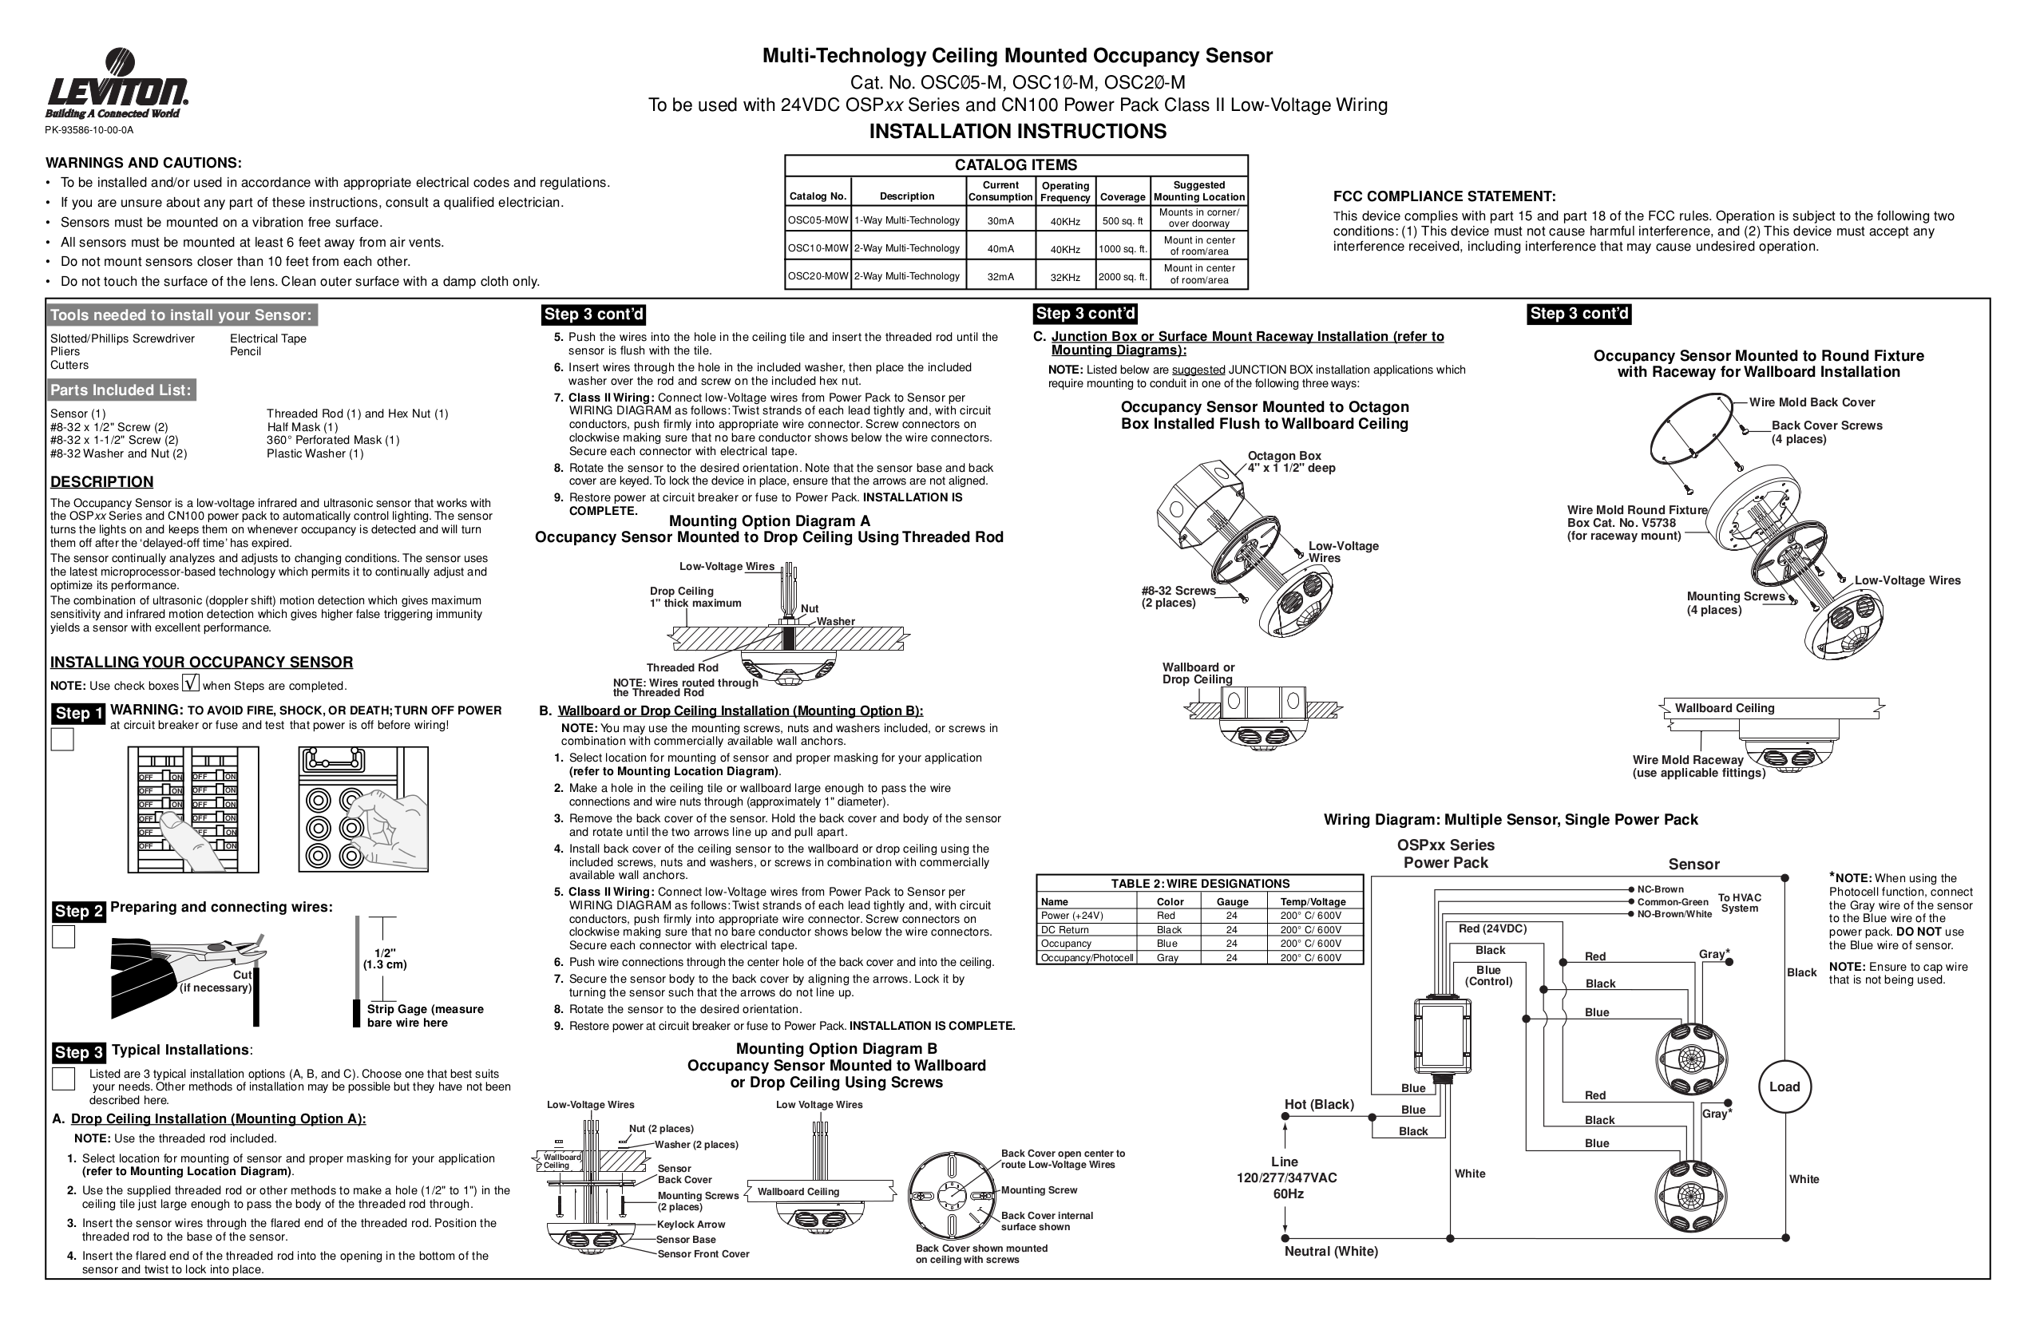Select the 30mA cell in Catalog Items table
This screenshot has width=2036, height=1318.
coord(999,220)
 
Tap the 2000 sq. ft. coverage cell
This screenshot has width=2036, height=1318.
coord(1122,277)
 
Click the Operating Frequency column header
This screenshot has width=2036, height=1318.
coord(1064,192)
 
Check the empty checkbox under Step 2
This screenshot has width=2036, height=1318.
coord(63,937)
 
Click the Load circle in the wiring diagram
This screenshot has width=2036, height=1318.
coord(1784,1087)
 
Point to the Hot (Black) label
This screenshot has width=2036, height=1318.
coord(1318,1104)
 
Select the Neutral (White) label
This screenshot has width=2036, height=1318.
coord(1330,1251)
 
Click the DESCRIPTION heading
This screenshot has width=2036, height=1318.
coord(102,481)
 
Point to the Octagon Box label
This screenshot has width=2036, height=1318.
coord(1283,456)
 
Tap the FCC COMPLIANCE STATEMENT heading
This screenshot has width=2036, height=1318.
coord(1444,196)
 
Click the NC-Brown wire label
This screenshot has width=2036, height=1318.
coord(1660,889)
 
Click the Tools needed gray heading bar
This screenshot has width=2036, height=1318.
coord(180,315)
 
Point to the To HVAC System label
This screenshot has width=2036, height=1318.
coord(1739,903)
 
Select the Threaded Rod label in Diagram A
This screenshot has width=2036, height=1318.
coord(682,668)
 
